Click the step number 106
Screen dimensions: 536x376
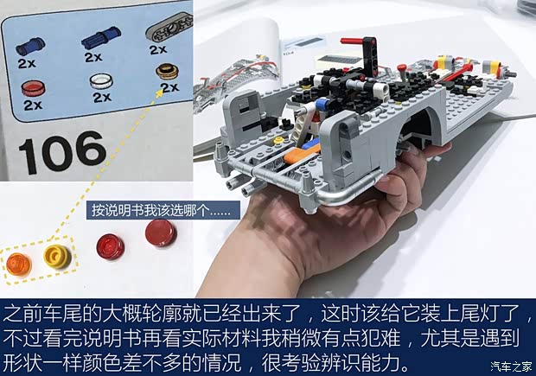point(62,152)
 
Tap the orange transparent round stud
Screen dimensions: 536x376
point(19,264)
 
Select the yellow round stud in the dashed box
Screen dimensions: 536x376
point(57,257)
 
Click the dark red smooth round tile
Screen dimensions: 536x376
point(161,233)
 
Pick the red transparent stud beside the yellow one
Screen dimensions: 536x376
point(110,246)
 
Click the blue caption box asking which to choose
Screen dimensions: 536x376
point(163,210)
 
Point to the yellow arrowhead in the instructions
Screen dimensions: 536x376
point(159,93)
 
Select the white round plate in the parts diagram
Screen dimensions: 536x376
point(101,82)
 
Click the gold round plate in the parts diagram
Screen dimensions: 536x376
point(167,71)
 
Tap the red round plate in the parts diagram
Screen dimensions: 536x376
point(33,88)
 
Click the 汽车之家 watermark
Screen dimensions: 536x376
point(512,366)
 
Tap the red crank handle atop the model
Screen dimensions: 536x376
point(353,41)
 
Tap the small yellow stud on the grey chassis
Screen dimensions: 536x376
point(278,140)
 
